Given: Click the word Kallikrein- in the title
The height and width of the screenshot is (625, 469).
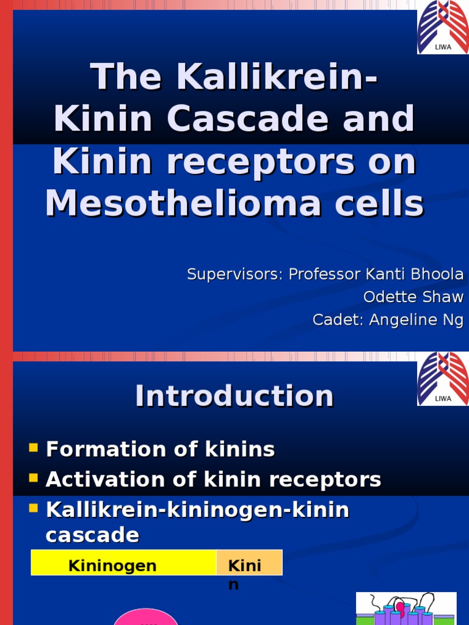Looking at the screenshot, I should tap(277, 78).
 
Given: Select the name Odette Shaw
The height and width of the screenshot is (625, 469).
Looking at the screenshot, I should tap(413, 297).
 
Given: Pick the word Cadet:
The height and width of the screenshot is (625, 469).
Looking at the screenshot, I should tap(338, 320).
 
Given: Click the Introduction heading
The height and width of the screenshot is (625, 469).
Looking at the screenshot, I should tap(234, 396).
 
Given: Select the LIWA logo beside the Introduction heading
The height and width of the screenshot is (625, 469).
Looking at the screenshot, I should tap(443, 379).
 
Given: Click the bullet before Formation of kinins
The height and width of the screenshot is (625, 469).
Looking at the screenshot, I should tap(34, 449).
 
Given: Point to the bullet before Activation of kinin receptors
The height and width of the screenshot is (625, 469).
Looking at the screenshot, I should tap(34, 478).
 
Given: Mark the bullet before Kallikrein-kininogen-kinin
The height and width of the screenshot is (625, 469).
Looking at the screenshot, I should tap(34, 507).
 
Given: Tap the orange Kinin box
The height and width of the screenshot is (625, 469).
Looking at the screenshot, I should tap(249, 563).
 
